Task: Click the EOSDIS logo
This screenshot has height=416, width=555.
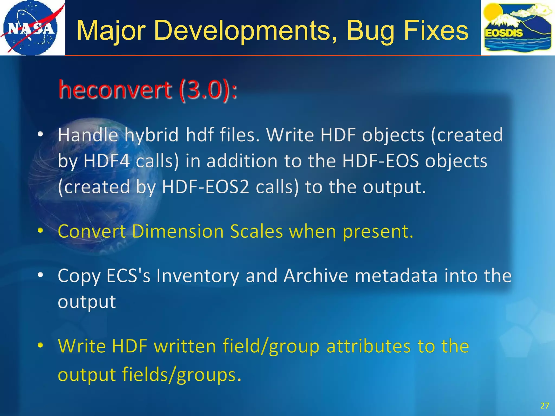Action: pyautogui.click(x=518, y=28)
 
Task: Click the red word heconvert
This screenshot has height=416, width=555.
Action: pyautogui.click(x=115, y=90)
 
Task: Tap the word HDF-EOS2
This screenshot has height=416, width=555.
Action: pyautogui.click(x=205, y=187)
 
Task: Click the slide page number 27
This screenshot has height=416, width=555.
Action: pyautogui.click(x=544, y=406)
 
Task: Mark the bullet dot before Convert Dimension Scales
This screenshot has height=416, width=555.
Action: pyautogui.click(x=40, y=231)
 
